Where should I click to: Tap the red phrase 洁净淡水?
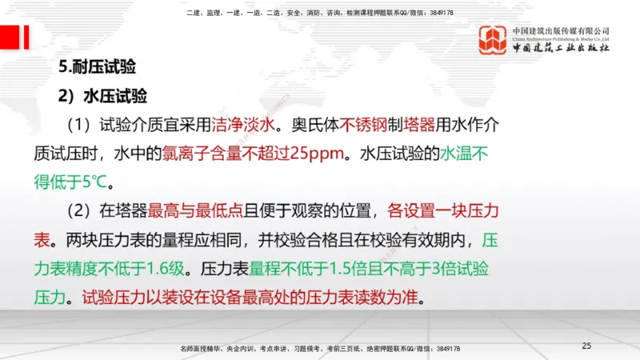pyautogui.click(x=243, y=125)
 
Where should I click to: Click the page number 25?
pyautogui.click(x=586, y=346)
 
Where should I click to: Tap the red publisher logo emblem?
pyautogui.click(x=493, y=39)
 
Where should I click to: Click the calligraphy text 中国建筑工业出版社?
pyautogui.click(x=561, y=48)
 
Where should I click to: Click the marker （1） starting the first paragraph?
pyautogui.click(x=81, y=125)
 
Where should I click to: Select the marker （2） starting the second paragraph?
pyautogui.click(x=81, y=211)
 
